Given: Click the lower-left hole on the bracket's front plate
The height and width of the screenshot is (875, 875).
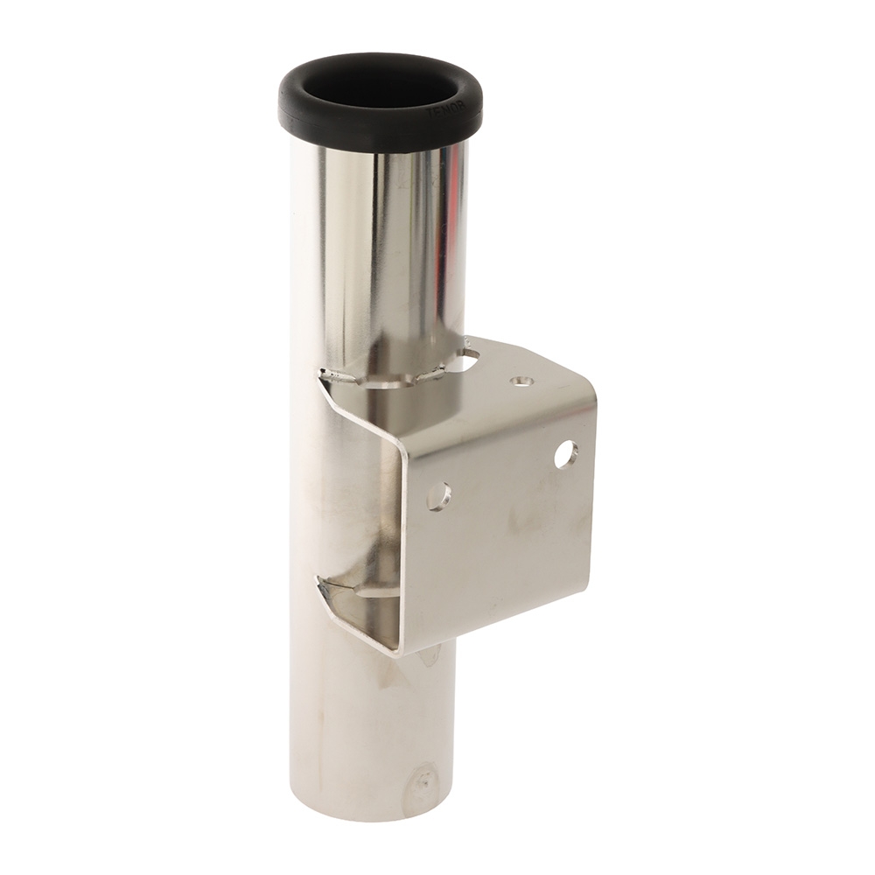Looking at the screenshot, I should [x=438, y=495].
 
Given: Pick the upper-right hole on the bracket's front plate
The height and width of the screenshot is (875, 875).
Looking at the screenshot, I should [x=566, y=453].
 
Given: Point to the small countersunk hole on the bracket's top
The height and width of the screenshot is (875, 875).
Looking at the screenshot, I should [x=520, y=381].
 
